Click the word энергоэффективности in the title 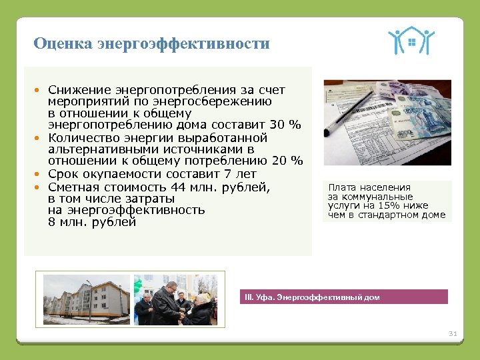click(x=183, y=45)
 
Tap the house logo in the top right click(x=411, y=41)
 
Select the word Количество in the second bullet click(x=83, y=137)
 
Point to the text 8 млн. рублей click(x=92, y=223)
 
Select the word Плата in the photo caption click(x=341, y=187)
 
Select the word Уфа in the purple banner click(x=265, y=297)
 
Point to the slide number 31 click(x=453, y=333)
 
